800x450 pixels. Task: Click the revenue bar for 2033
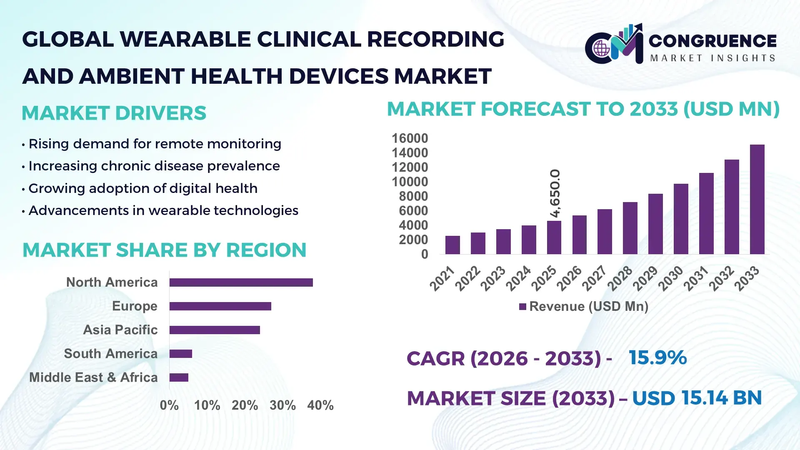[757, 200]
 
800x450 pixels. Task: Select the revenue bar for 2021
[452, 245]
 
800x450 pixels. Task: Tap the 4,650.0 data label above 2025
[555, 193]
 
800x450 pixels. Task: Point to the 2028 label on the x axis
[620, 278]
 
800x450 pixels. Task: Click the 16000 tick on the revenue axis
[410, 138]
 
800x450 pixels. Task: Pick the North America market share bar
[241, 282]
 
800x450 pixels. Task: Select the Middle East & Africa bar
[179, 377]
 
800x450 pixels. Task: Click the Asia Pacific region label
[120, 330]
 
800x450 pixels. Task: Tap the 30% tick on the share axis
[282, 405]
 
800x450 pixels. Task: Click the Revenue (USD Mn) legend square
[522, 307]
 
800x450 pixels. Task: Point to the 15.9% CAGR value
[657, 357]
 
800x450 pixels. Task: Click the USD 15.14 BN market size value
[697, 398]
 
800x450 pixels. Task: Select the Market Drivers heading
[114, 113]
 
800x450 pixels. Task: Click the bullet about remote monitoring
[155, 144]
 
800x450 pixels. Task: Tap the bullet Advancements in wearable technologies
[163, 210]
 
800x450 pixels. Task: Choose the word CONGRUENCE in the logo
[712, 40]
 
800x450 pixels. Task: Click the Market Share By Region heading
[164, 250]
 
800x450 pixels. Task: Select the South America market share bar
[180, 354]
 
